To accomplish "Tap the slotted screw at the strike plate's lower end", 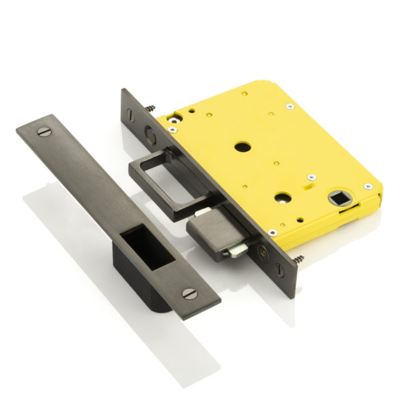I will coord(191,293).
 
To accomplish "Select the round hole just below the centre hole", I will coord(281,197).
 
